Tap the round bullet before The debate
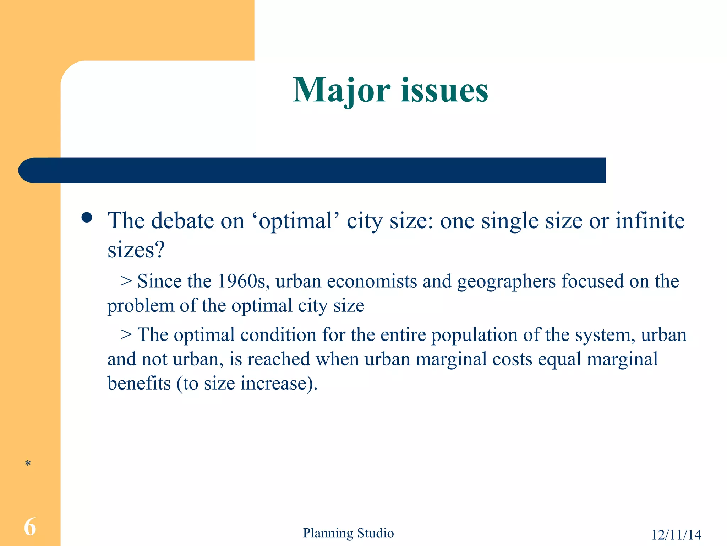[87, 217]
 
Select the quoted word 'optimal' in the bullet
[296, 221]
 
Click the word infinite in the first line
[650, 220]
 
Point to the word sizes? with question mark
[136, 250]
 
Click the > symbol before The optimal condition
[126, 335]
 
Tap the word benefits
[139, 384]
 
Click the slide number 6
[30, 527]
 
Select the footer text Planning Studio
[348, 533]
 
